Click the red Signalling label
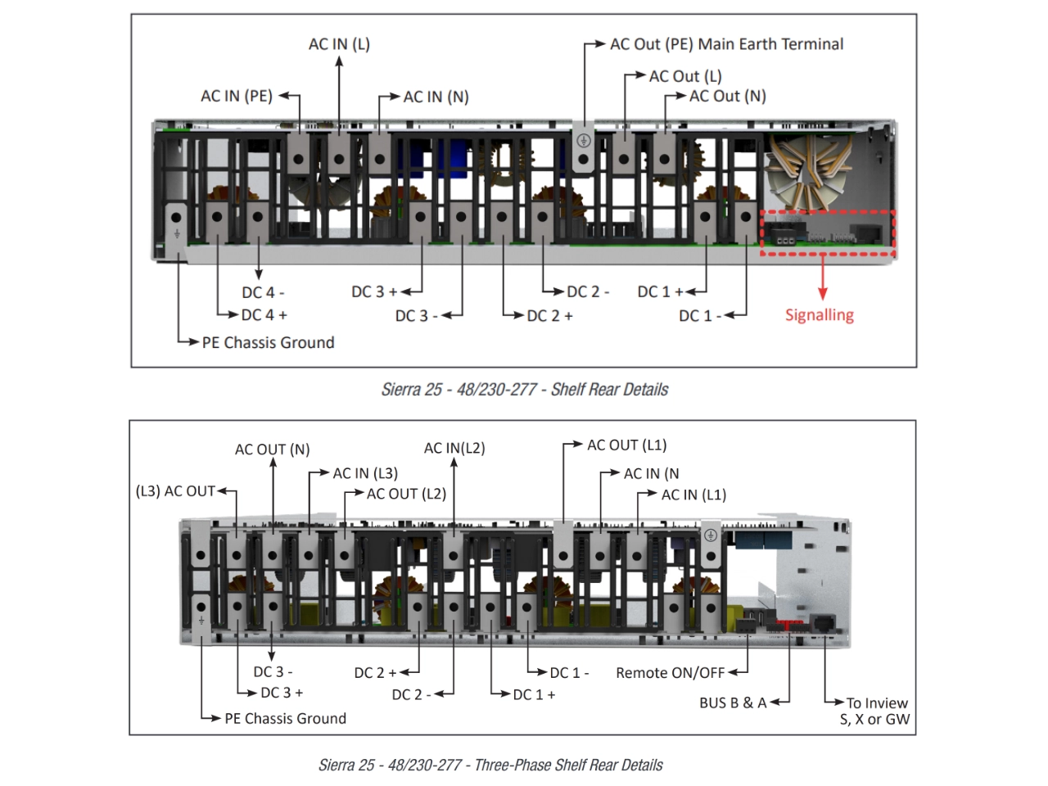[820, 315]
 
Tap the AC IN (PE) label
[237, 96]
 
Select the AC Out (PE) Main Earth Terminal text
[727, 44]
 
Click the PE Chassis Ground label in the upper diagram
[268, 343]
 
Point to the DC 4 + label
[264, 315]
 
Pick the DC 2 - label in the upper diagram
[588, 291]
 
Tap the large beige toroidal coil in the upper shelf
[808, 173]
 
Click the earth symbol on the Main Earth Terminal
[584, 141]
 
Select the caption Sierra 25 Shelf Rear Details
[524, 390]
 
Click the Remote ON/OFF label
[671, 673]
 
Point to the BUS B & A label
[733, 702]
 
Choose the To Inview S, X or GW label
[874, 711]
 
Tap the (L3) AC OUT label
[175, 491]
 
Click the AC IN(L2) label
[454, 448]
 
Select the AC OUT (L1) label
[626, 445]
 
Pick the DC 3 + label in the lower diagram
[282, 693]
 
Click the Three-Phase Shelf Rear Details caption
[490, 765]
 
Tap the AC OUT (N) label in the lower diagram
[272, 449]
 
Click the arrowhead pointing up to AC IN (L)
[339, 62]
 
